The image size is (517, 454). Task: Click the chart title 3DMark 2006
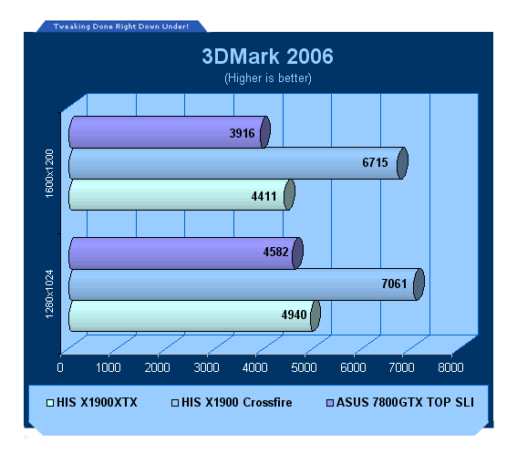(x=267, y=57)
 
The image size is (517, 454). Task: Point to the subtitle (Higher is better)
(x=268, y=78)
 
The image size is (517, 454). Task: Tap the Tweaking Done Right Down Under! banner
(x=121, y=26)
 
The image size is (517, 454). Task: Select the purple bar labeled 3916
(x=170, y=132)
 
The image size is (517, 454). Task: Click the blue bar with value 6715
(x=238, y=163)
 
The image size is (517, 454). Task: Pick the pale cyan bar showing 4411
(x=181, y=194)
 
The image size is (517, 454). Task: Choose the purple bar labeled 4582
(x=186, y=253)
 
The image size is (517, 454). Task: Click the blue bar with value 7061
(x=246, y=284)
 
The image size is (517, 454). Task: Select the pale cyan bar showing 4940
(x=194, y=315)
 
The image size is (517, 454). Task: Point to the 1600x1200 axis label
(x=49, y=174)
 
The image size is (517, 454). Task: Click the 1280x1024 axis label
(x=49, y=294)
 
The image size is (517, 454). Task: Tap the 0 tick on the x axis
(x=60, y=367)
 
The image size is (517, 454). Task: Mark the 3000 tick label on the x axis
(x=206, y=367)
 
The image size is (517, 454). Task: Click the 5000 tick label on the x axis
(x=304, y=367)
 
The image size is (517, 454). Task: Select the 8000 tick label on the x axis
(x=450, y=367)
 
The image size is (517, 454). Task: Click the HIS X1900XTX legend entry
(x=92, y=403)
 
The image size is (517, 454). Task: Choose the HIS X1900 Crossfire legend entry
(x=232, y=403)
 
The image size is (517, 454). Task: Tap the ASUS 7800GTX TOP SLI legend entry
(x=400, y=403)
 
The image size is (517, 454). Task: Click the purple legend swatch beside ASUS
(x=330, y=403)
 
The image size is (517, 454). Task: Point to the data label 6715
(x=376, y=162)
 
